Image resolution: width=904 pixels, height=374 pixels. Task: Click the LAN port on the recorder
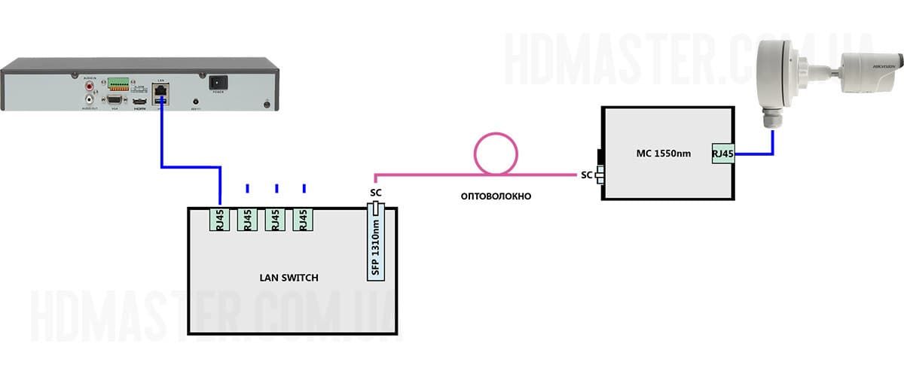click(x=160, y=90)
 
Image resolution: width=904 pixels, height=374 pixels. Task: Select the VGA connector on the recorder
click(x=115, y=99)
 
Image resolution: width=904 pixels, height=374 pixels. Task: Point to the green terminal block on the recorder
click(x=118, y=83)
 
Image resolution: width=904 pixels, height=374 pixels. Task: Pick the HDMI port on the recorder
click(x=139, y=100)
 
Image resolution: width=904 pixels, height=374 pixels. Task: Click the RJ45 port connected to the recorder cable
click(x=220, y=219)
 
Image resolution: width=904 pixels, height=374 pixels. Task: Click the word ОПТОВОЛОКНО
click(x=496, y=196)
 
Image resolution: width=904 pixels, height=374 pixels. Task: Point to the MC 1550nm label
click(x=664, y=154)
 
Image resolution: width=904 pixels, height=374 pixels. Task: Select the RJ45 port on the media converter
click(x=722, y=154)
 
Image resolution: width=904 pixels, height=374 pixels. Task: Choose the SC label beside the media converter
click(x=586, y=175)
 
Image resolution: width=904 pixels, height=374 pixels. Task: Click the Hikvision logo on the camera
click(x=884, y=67)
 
